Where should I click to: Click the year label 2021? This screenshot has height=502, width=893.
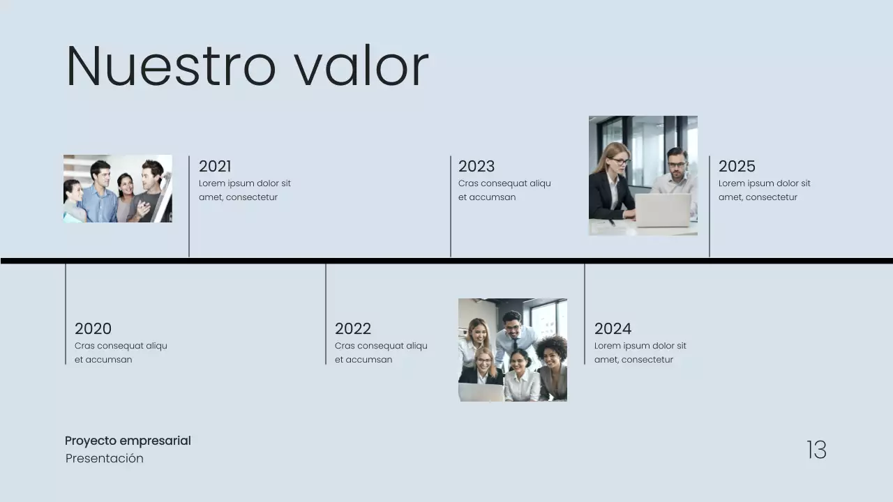pyautogui.click(x=215, y=166)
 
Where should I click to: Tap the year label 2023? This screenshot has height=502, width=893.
pyautogui.click(x=476, y=166)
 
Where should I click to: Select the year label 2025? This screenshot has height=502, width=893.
pyautogui.click(x=737, y=166)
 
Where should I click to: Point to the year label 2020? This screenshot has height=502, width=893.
pyautogui.click(x=93, y=328)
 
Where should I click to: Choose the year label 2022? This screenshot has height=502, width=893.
pyautogui.click(x=353, y=328)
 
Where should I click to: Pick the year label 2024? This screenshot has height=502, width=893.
pyautogui.click(x=613, y=328)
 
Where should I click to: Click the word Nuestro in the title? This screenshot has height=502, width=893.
pyautogui.click(x=171, y=66)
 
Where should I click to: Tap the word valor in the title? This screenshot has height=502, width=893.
pyautogui.click(x=361, y=66)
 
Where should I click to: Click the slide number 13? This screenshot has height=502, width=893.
pyautogui.click(x=816, y=450)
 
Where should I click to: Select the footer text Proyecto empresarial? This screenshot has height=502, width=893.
pyautogui.click(x=128, y=441)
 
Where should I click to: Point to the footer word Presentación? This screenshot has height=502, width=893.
pyautogui.click(x=105, y=458)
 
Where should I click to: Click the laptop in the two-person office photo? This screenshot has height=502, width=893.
pyautogui.click(x=662, y=210)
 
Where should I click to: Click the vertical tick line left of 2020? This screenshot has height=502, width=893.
pyautogui.click(x=66, y=314)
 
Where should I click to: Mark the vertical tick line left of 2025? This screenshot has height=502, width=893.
pyautogui.click(x=710, y=206)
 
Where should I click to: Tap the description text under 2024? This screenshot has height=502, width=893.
pyautogui.click(x=640, y=353)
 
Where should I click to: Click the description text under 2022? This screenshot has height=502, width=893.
pyautogui.click(x=380, y=353)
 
